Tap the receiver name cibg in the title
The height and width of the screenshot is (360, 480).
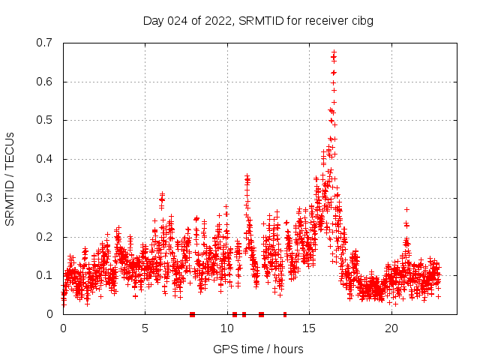[x=360, y=21]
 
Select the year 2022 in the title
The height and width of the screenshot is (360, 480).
[x=217, y=21]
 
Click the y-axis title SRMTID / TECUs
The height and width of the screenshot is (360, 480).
[x=10, y=178]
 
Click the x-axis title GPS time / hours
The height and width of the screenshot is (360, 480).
[x=258, y=349]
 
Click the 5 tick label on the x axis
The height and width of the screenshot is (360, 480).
[x=145, y=328]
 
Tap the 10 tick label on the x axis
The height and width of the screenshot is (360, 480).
[x=227, y=328]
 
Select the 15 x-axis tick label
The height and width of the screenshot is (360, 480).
[x=309, y=328]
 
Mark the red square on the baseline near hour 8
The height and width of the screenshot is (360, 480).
[x=193, y=314]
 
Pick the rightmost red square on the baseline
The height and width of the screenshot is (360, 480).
[x=284, y=314]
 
